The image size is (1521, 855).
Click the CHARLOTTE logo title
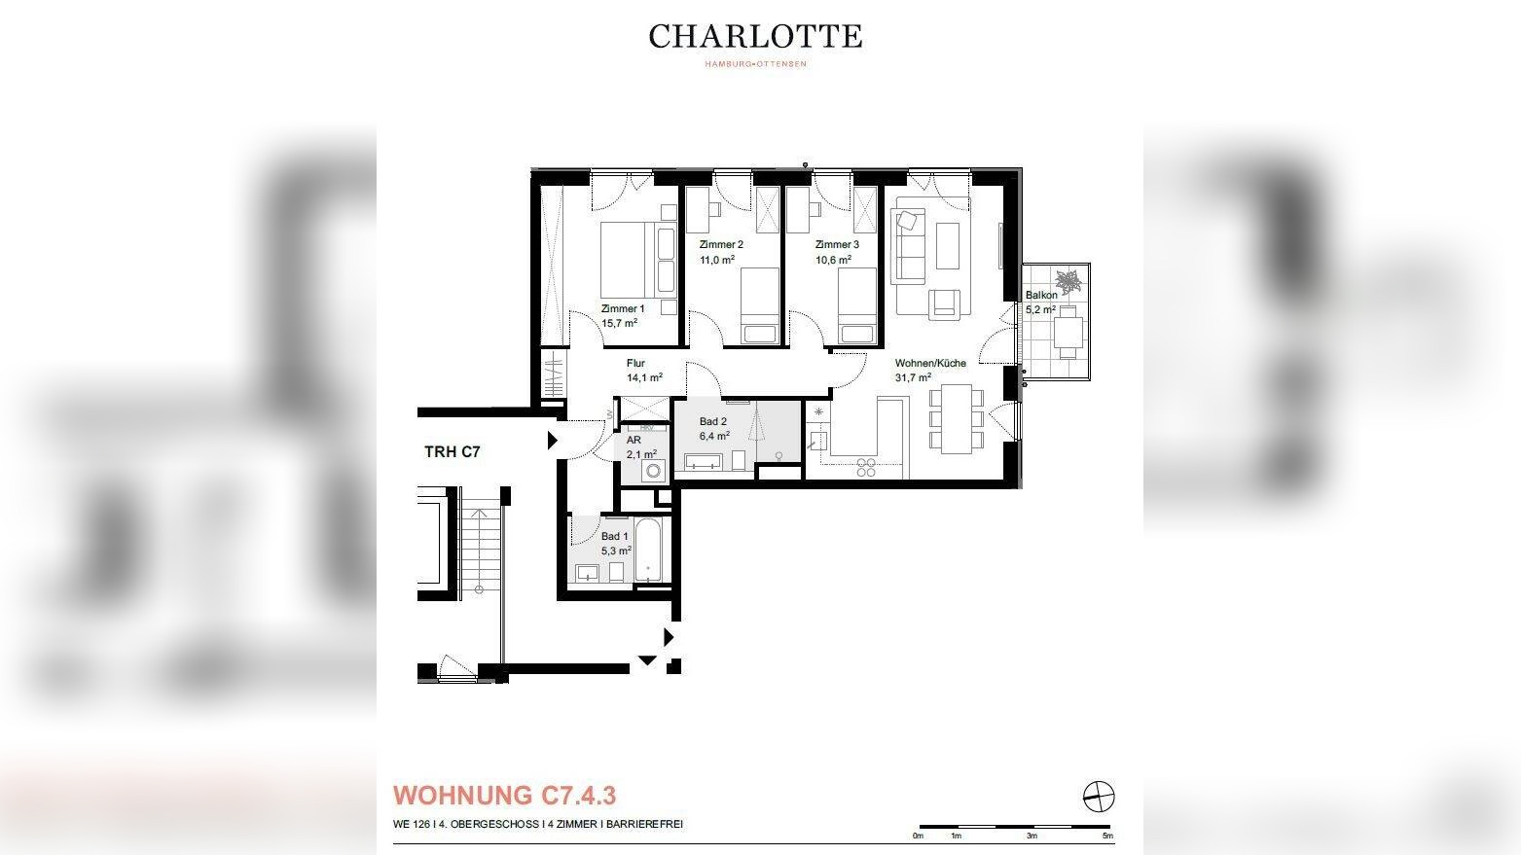[755, 37]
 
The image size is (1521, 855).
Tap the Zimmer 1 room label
[623, 308]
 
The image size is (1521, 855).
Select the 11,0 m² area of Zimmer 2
[717, 259]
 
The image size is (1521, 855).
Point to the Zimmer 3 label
[837, 244]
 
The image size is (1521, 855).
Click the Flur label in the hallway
[635, 363]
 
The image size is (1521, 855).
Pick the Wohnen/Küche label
[930, 363]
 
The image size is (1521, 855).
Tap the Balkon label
[1041, 295]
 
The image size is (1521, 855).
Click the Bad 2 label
[713, 421]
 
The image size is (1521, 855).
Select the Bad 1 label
[614, 536]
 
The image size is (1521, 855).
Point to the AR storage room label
[634, 440]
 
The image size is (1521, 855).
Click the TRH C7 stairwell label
[453, 452]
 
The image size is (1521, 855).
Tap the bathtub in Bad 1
[648, 551]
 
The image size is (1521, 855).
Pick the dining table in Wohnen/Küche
[956, 418]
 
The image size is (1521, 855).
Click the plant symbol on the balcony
[1069, 280]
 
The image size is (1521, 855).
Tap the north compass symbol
[1099, 796]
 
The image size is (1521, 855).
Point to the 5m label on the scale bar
[1107, 836]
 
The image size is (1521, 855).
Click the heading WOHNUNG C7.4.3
[504, 796]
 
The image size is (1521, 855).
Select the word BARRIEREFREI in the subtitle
[644, 824]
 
